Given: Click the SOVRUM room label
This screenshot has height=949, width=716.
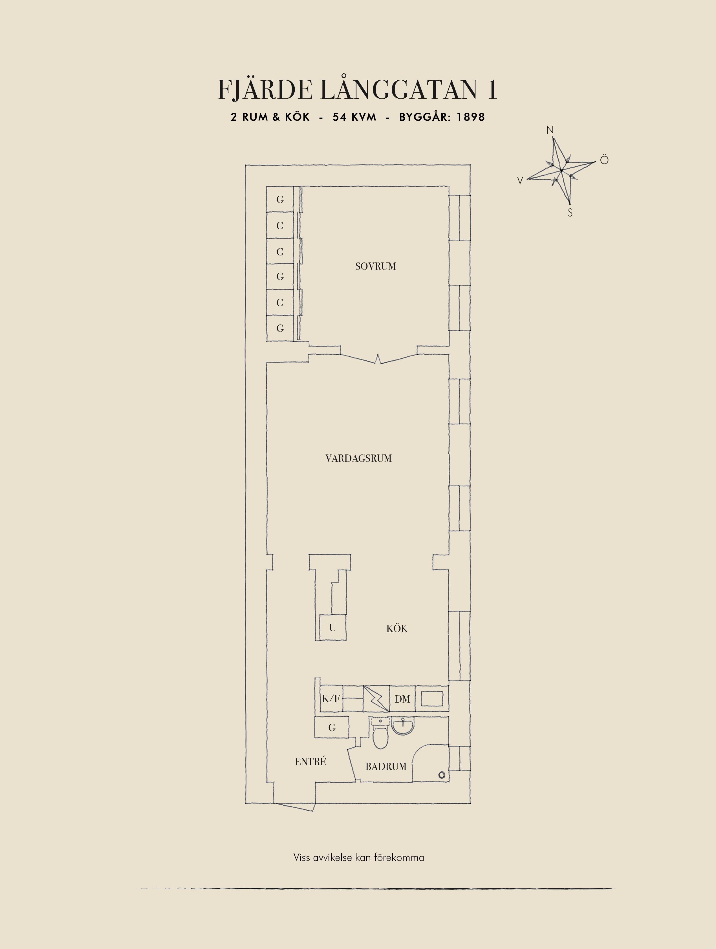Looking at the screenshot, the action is click(x=375, y=266).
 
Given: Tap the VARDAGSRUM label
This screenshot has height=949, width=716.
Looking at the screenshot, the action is click(x=359, y=458).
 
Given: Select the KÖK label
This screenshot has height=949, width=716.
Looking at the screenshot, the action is click(x=397, y=628).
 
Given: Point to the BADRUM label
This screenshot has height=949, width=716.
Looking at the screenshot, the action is click(x=386, y=767).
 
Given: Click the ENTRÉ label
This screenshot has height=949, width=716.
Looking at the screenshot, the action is click(x=310, y=762).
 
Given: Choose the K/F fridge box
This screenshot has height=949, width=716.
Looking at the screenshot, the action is click(x=331, y=699).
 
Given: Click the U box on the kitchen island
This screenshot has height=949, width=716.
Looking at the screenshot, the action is click(x=332, y=628).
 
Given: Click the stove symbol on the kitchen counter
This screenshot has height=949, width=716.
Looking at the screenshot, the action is click(x=376, y=699).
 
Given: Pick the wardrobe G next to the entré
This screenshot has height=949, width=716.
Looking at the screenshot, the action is click(x=332, y=728).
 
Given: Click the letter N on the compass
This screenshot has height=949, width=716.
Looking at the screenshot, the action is click(x=550, y=130).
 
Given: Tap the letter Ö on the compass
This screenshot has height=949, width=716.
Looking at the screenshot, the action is click(x=604, y=160).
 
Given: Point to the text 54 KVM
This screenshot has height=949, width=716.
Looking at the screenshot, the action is click(x=354, y=117).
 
